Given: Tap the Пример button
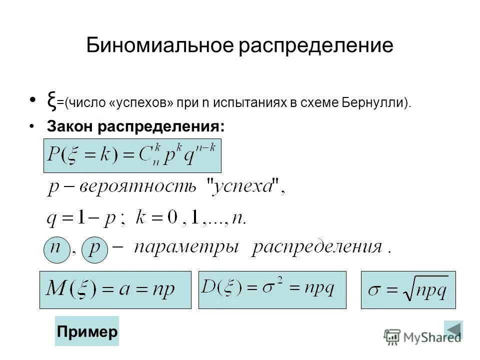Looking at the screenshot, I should [x=87, y=331].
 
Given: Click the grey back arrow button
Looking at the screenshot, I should [x=453, y=330].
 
